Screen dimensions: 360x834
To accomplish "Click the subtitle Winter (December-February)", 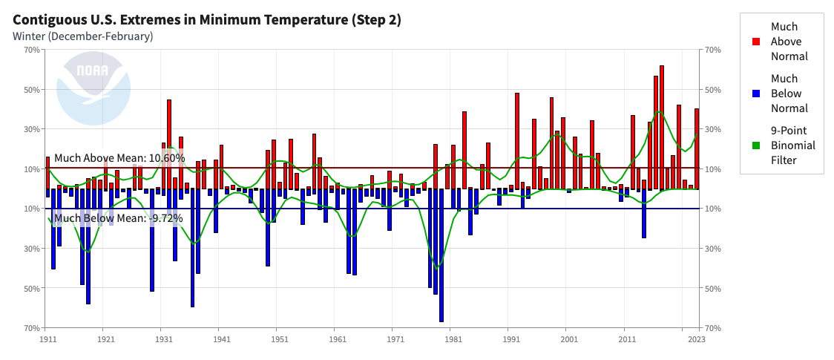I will (x=83, y=36).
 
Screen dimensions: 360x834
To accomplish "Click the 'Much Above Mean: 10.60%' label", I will (x=119, y=158).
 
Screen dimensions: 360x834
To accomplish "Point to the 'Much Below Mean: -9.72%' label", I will (x=118, y=218).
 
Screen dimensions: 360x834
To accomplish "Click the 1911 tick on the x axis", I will (x=47, y=339).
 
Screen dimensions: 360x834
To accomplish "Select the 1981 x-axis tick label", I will (x=452, y=339).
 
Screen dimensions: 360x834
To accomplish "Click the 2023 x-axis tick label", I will (x=695, y=339).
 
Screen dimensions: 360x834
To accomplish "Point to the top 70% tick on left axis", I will (x=32, y=50).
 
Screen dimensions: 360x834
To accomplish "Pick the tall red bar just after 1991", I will (x=517, y=140).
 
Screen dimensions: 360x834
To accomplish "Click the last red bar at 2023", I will (x=697, y=148).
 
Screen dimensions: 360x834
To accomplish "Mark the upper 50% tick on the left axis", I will (x=32, y=90).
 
